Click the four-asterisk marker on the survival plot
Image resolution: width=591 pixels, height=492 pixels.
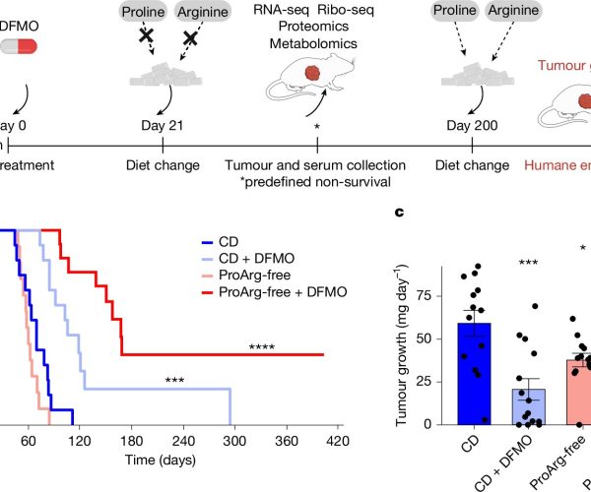[x=262, y=347]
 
